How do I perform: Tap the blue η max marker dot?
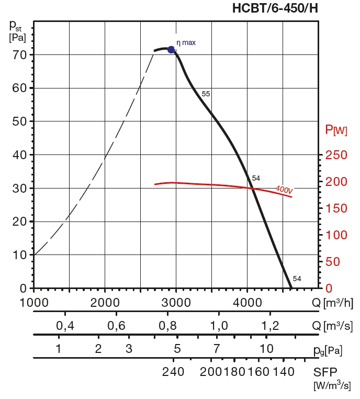click(171, 50)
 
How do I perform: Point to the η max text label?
click(186, 42)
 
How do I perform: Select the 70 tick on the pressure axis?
click(19, 54)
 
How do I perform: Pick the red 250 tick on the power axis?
click(336, 155)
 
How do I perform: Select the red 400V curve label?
click(284, 189)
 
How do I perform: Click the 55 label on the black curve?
click(206, 94)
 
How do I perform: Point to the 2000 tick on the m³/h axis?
click(105, 302)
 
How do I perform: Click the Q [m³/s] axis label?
click(331, 326)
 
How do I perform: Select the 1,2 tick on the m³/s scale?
click(270, 326)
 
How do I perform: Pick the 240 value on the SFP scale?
click(173, 372)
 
